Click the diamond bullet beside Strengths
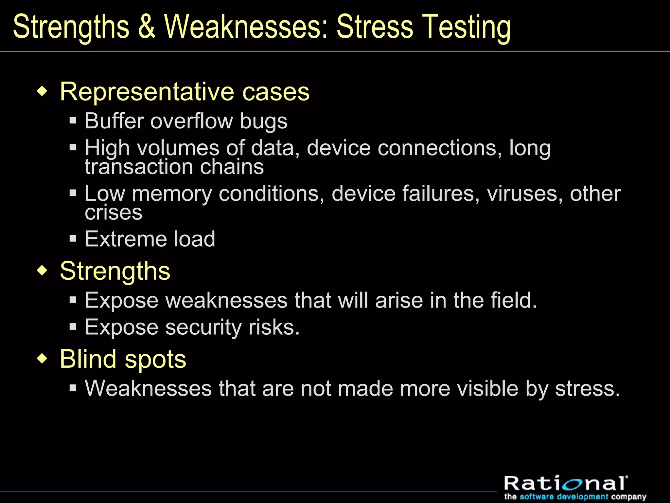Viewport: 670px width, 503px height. pyautogui.click(x=42, y=270)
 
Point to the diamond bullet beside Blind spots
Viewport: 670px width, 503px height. pyautogui.click(x=42, y=358)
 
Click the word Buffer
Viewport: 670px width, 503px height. pyautogui.click(x=114, y=121)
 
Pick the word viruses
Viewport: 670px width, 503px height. pyautogui.click(x=525, y=194)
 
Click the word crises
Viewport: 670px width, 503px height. pyautogui.click(x=114, y=213)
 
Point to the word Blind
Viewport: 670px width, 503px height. pyautogui.click(x=88, y=359)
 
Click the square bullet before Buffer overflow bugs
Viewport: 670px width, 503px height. pyautogui.click(x=73, y=121)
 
